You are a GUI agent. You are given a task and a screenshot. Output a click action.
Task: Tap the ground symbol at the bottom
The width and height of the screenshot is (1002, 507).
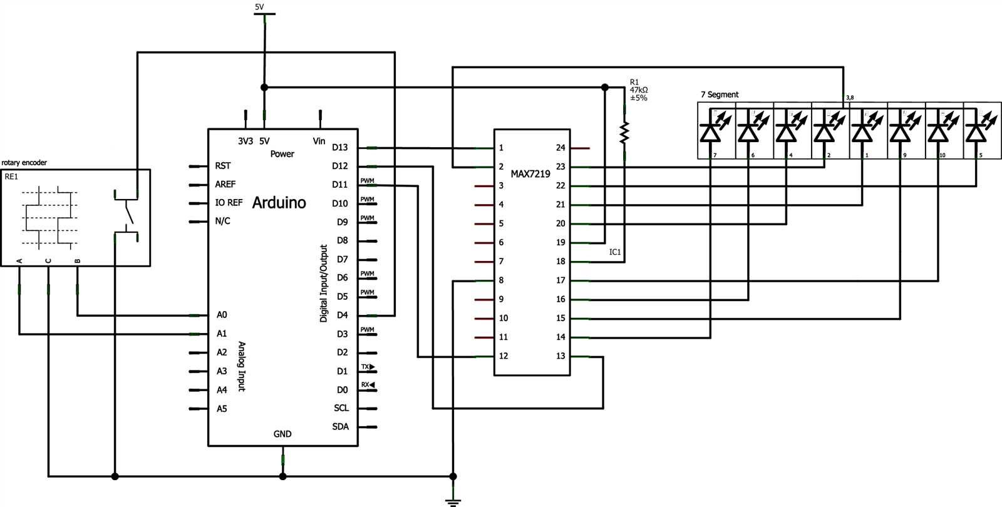453,500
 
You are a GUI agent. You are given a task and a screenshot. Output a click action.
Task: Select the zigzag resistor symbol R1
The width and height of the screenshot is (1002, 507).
624,132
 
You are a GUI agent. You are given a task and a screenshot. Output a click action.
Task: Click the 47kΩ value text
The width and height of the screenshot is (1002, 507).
639,90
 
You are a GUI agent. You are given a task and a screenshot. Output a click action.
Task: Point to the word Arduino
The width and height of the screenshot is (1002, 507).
279,203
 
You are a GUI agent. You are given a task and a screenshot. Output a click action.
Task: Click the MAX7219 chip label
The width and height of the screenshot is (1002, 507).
530,173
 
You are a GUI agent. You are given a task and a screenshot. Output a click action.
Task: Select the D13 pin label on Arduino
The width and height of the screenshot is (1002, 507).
340,148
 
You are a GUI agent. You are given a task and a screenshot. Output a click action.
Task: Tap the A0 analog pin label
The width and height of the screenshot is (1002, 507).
222,315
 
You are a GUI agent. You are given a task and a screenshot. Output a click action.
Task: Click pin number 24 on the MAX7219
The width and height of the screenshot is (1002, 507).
560,148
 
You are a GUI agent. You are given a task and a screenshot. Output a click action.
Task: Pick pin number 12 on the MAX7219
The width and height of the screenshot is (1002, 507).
503,356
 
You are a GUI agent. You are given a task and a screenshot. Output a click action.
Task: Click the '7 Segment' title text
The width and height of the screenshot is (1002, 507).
719,95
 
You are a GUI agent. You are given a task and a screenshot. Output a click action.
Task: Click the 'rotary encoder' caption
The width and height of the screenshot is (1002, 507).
24,163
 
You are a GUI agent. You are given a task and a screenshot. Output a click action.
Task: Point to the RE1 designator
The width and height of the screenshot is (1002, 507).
11,177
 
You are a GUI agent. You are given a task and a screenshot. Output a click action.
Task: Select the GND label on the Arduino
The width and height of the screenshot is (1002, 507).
282,434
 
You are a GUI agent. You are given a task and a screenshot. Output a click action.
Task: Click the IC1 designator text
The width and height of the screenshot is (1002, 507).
615,252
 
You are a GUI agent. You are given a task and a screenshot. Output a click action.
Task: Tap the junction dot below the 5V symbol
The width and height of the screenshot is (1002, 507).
264,87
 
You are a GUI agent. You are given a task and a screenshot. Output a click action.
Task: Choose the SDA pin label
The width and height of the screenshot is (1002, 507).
341,427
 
